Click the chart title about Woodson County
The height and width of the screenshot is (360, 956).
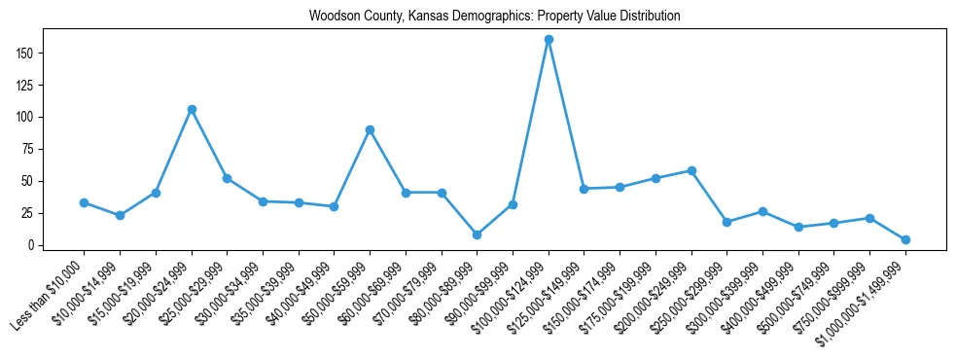coord(494,17)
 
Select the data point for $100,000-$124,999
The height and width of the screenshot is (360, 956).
coord(549,40)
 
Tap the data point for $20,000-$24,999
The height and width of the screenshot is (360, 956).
coord(192,109)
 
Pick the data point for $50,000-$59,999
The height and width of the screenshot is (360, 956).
coord(370,129)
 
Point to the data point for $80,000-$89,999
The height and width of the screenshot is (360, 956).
coord(477,234)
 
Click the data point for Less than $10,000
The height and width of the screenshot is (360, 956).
coord(84,202)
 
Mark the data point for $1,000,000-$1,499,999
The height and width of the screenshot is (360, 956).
coord(905,239)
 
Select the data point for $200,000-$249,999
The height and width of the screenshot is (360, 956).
coord(691,170)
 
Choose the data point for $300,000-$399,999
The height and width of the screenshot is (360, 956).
coord(762,211)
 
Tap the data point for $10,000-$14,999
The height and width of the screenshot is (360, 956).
coord(120,215)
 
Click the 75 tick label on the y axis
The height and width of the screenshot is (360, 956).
coord(32,149)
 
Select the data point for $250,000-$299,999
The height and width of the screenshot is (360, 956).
coord(726,222)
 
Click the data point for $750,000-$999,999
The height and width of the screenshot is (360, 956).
coord(869,218)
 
